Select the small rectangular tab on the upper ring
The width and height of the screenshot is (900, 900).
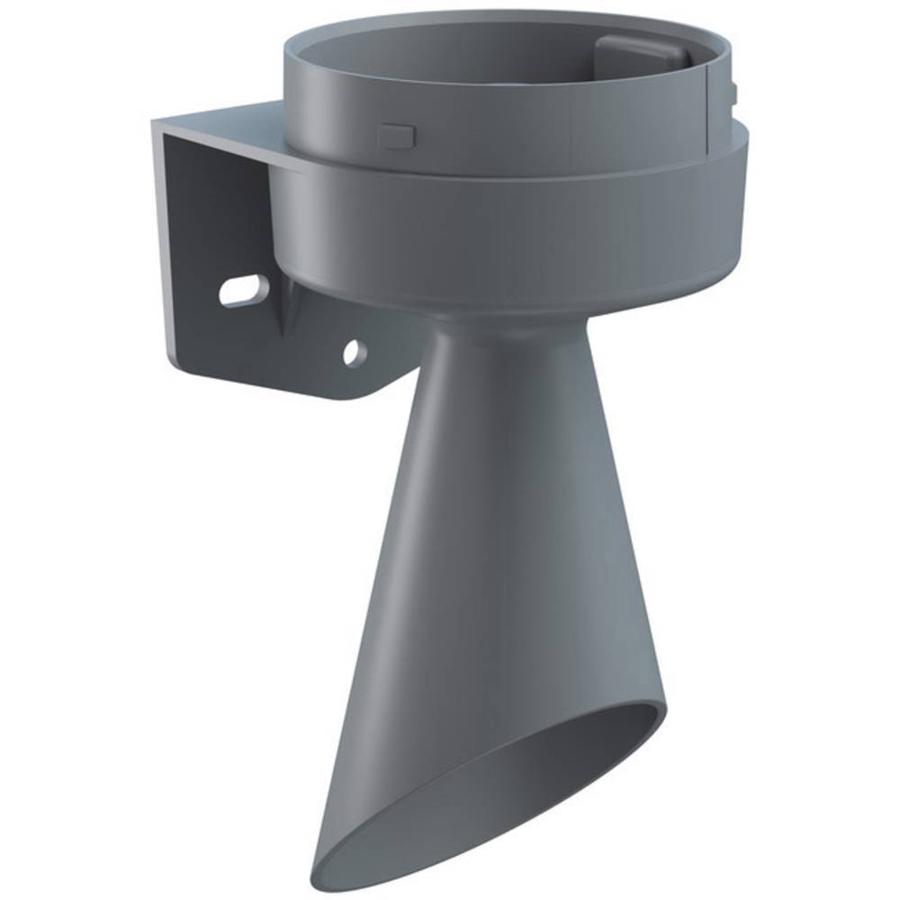coord(396,135)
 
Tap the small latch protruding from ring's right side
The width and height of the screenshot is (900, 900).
coord(735,90)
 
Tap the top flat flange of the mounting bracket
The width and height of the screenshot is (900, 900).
coord(225,126)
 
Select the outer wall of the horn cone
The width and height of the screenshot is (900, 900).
coord(468,540)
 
